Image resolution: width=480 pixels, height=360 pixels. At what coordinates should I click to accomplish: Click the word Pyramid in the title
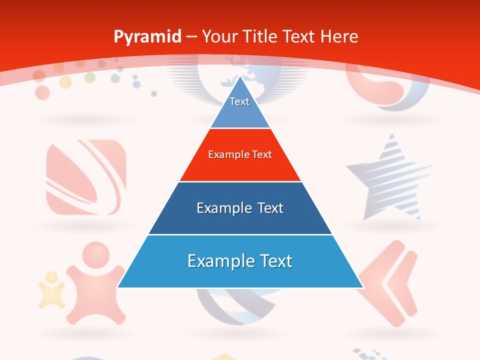pyautogui.click(x=147, y=37)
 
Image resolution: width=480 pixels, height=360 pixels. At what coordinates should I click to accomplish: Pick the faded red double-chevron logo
pyautogui.click(x=389, y=282)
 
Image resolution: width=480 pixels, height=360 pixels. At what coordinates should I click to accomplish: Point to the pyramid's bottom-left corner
pyautogui.click(x=118, y=287)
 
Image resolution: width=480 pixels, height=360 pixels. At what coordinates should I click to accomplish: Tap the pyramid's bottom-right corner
pyautogui.click(x=362, y=287)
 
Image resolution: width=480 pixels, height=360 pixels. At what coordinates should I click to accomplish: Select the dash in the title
pyautogui.click(x=191, y=37)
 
